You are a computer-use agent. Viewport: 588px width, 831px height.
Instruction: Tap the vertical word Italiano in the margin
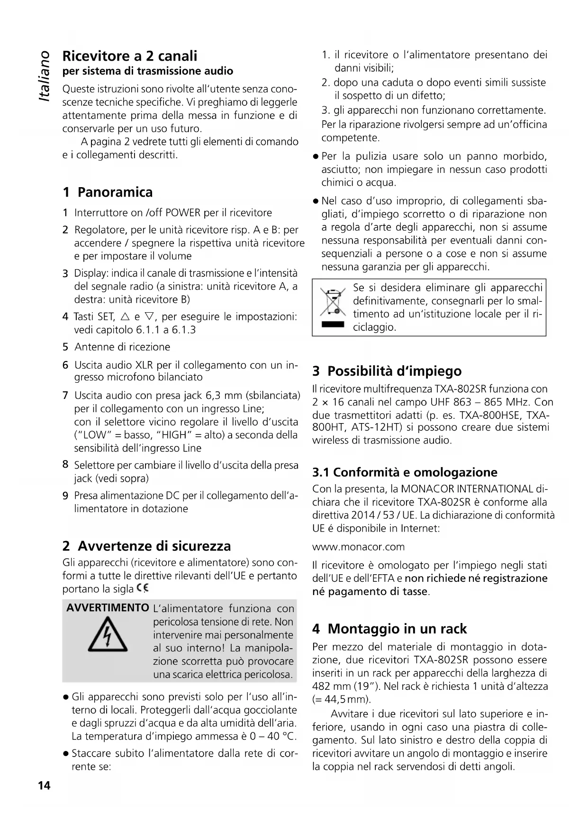coord(44,76)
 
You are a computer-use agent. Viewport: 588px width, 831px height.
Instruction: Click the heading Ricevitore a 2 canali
coord(130,56)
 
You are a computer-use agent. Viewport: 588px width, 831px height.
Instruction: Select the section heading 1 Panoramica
coord(108,192)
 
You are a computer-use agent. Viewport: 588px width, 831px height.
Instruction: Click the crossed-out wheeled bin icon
coord(333,303)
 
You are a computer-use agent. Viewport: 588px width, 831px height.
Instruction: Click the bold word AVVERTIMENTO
coord(108,608)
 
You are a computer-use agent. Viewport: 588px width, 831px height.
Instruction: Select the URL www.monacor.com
coord(358,547)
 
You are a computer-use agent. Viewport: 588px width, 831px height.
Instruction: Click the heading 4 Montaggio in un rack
coord(389,629)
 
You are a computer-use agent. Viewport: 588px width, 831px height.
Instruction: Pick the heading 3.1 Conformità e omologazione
coord(405,472)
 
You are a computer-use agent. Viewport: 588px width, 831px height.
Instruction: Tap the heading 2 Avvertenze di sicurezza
coord(146,546)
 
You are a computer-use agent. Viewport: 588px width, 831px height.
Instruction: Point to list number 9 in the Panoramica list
coord(66,496)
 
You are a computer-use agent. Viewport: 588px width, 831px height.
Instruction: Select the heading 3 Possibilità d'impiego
coord(387,370)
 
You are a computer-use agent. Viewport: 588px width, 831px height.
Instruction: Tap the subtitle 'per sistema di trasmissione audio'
coord(148,71)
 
